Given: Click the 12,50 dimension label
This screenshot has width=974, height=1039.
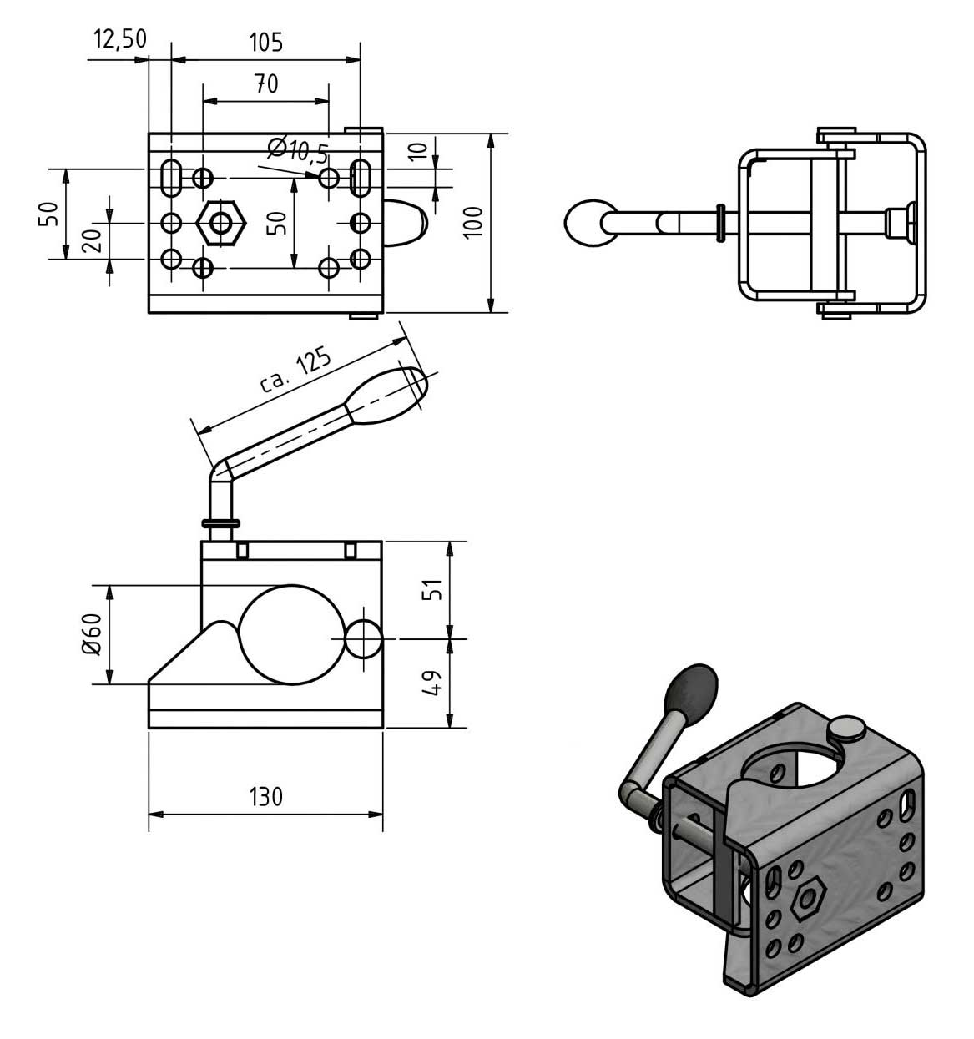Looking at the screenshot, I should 119,39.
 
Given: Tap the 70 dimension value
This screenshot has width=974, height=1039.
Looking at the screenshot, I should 266,83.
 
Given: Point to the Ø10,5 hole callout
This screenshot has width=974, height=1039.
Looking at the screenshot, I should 297,150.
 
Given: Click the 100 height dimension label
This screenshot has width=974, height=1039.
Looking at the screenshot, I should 473,221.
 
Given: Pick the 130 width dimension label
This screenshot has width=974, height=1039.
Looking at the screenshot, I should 265,797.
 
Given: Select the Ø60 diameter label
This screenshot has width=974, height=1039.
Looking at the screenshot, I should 91,635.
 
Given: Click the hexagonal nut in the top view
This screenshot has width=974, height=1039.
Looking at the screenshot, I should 221,223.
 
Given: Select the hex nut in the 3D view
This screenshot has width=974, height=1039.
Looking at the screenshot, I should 806,899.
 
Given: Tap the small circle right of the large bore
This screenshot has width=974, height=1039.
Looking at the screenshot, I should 364,639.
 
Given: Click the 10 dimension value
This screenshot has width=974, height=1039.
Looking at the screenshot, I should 421,151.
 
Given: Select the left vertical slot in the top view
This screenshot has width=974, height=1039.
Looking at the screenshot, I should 170,177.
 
